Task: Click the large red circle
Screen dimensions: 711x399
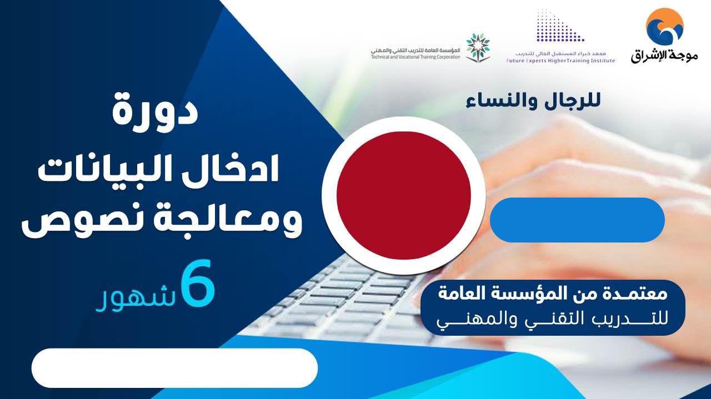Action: click(x=403, y=195)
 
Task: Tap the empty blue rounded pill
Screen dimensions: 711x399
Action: click(x=577, y=220)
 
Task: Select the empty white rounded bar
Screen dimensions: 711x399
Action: click(x=174, y=368)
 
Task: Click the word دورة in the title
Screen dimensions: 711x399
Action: click(x=156, y=113)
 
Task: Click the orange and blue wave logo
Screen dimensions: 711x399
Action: click(x=665, y=26)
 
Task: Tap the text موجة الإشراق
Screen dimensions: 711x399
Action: click(x=665, y=56)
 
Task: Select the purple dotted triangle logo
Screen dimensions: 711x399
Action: click(x=560, y=26)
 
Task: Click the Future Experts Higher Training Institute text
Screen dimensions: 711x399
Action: click(x=560, y=60)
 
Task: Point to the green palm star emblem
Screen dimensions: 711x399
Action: click(x=478, y=47)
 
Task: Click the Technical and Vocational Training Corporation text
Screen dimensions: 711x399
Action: click(x=415, y=57)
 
